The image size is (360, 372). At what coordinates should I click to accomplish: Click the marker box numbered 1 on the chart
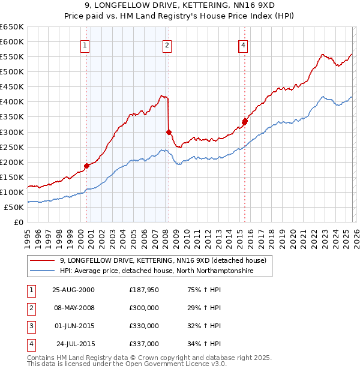tap(86, 45)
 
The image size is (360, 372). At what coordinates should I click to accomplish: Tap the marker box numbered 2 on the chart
tap(167, 45)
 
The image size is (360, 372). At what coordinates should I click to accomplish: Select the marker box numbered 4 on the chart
tap(243, 45)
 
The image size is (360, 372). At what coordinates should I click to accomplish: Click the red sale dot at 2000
tap(86, 166)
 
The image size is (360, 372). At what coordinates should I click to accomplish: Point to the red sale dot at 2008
tap(169, 132)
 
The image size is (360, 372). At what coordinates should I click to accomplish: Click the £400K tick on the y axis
tap(13, 102)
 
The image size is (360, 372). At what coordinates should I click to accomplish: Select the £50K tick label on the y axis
tap(14, 207)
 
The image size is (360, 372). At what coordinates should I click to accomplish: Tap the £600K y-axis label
tap(13, 42)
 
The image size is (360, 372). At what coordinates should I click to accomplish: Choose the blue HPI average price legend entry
tap(157, 271)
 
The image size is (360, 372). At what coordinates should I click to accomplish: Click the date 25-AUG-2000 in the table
tap(73, 290)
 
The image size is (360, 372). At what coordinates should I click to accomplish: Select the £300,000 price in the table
tap(144, 308)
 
